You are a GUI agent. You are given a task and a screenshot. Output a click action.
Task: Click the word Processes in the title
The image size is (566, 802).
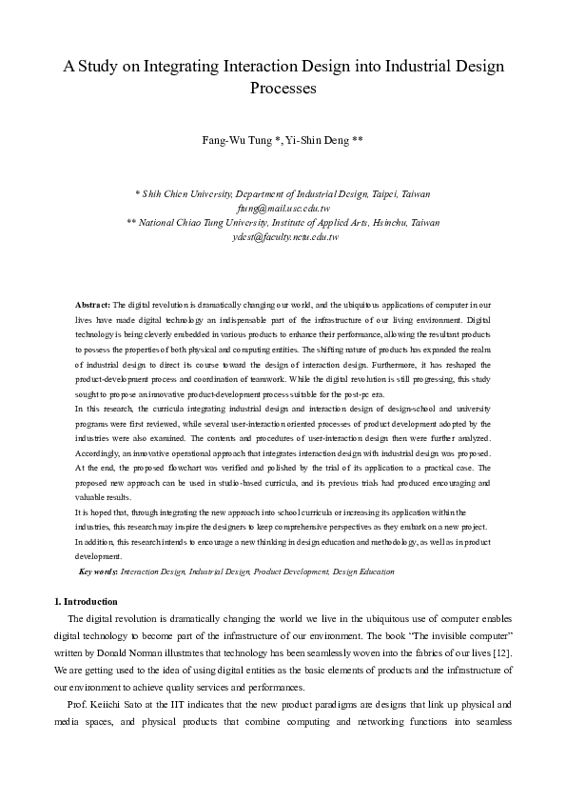283,89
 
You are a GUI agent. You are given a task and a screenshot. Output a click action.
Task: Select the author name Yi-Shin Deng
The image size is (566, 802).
323,140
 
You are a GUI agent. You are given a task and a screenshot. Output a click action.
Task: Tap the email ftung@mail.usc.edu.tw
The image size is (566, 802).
283,208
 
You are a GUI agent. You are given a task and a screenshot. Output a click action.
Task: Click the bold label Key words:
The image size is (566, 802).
99,571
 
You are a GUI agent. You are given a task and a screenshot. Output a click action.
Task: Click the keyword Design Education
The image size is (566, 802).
361,571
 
